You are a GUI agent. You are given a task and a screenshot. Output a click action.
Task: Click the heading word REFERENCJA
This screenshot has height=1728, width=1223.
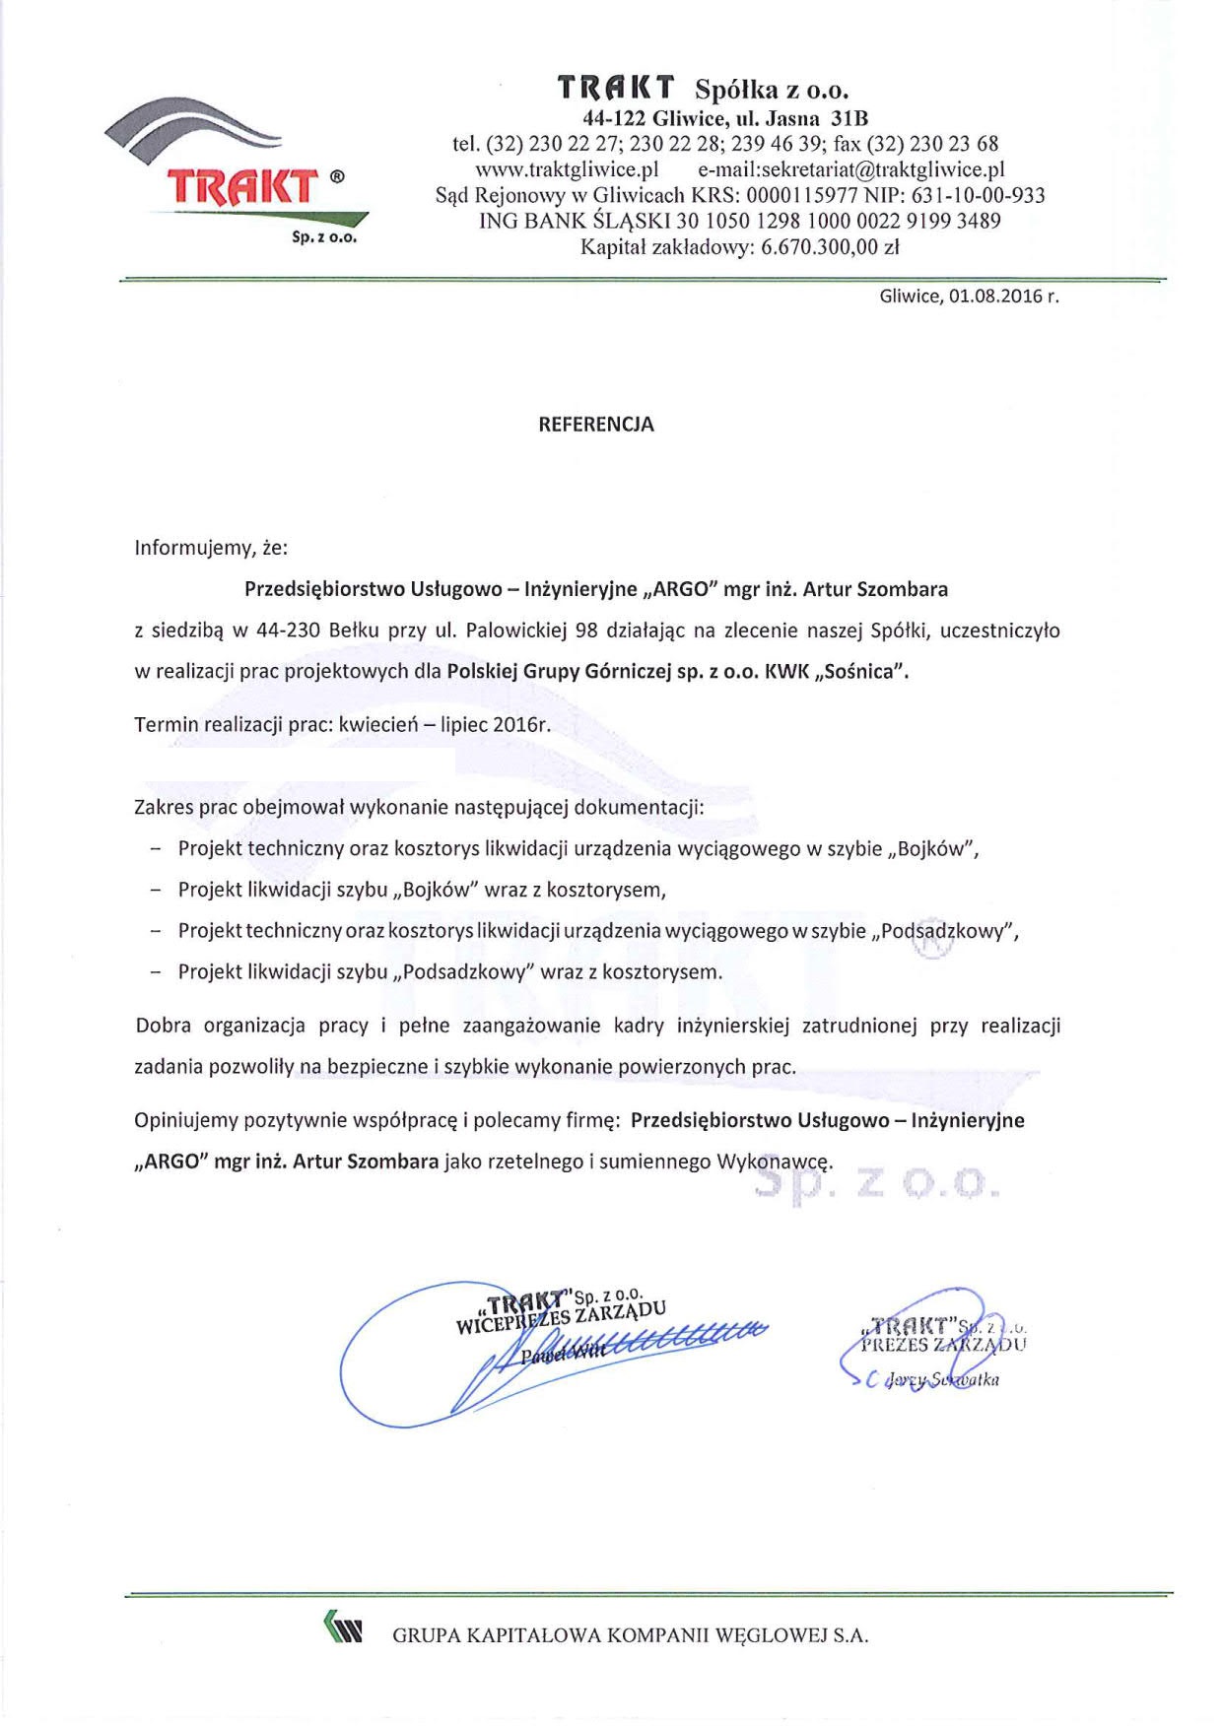point(596,425)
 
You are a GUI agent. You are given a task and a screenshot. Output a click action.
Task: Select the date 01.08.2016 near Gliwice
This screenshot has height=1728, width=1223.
point(994,297)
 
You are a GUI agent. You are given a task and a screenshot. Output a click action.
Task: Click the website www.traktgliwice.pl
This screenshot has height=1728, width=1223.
point(567,169)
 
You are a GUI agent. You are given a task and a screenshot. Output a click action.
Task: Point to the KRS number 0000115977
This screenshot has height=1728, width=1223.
point(801,195)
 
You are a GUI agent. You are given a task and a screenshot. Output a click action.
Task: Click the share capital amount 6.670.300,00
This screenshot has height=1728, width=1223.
point(818,247)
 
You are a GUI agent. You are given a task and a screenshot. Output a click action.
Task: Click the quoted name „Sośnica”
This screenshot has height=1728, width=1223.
point(861,672)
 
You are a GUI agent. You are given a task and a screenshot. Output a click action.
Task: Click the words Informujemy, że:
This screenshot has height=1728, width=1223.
point(211,548)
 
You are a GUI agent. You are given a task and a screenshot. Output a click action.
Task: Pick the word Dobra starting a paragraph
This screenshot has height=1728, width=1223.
point(164,1026)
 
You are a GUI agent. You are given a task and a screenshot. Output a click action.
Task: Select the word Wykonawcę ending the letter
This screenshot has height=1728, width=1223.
point(775,1162)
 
